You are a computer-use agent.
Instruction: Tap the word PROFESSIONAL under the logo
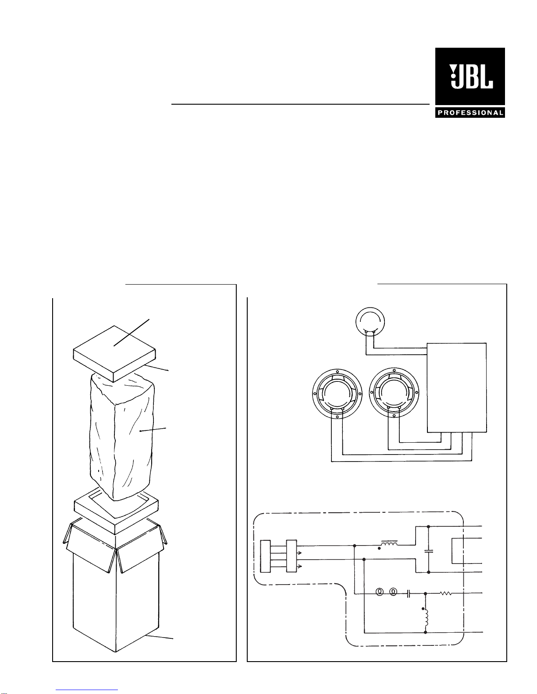470,113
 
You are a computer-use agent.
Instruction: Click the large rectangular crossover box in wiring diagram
457,388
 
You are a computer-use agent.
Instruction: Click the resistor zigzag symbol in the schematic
445,593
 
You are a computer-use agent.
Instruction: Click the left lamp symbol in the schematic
380,593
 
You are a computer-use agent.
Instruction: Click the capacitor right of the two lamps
409,593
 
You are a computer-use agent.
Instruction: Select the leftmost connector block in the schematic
265,556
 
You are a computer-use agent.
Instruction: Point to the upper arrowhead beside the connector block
299,553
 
